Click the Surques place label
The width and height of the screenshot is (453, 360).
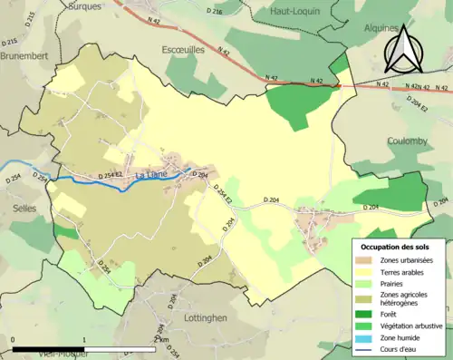point(85,5)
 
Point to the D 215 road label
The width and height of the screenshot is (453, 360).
point(11,44)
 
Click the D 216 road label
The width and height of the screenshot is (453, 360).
point(214,12)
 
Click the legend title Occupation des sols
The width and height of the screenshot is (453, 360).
point(401,247)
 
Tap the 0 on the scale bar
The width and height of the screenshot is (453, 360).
point(14,339)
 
